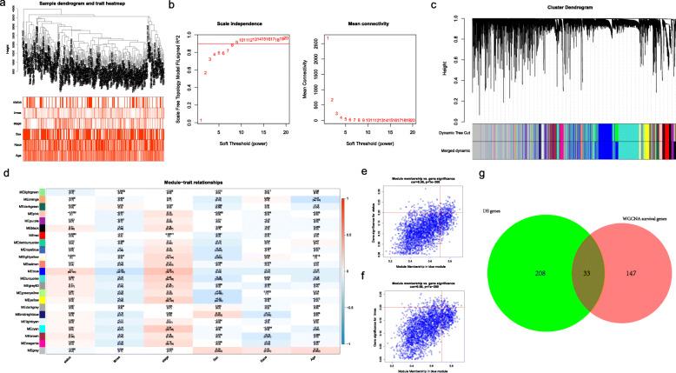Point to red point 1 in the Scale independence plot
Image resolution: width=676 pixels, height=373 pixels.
[x=200, y=120]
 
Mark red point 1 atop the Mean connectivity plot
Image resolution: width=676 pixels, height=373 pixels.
[x=327, y=38]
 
